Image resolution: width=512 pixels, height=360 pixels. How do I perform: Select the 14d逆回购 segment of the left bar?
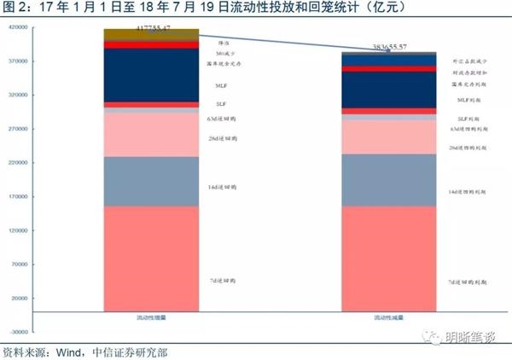[x=151, y=181]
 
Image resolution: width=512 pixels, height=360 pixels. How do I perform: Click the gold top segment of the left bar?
[x=151, y=34]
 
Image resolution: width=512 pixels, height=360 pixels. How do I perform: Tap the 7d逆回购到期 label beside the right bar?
[x=467, y=281]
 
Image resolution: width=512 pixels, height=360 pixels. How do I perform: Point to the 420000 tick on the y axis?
[x=20, y=27]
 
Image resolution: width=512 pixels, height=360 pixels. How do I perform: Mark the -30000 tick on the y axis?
[x=20, y=332]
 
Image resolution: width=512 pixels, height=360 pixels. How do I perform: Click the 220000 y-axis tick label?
[x=20, y=163]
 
